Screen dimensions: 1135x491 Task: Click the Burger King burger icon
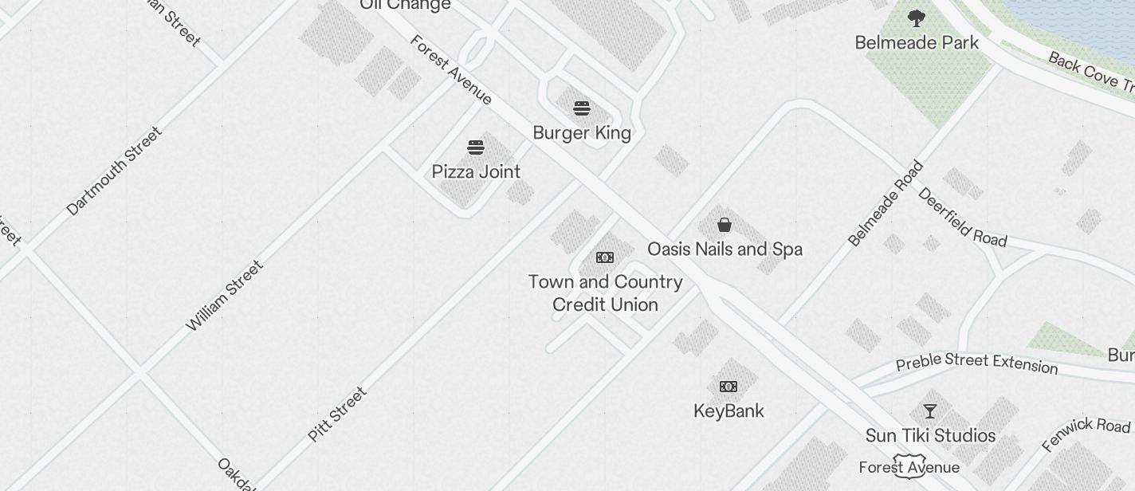pos(582,108)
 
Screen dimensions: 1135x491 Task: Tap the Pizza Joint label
pos(476,171)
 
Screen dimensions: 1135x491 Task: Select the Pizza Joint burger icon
pos(476,147)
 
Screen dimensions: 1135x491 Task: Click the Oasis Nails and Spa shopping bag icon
pos(725,225)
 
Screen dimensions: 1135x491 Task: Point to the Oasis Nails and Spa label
pos(725,249)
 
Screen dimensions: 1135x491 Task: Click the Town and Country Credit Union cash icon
pos(605,257)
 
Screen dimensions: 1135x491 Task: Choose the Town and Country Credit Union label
pos(605,293)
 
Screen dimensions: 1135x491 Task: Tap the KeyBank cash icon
pos(729,387)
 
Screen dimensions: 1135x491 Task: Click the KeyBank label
pos(729,411)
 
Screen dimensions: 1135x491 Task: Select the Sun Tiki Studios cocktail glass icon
pos(930,411)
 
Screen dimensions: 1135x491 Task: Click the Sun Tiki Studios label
pos(930,436)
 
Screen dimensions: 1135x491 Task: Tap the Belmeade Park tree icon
pos(917,18)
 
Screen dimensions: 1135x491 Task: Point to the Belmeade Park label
pos(917,42)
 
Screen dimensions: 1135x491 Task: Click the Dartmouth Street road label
pos(114,171)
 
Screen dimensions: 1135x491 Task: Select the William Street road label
pos(224,296)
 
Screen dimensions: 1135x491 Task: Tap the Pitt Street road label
pos(337,414)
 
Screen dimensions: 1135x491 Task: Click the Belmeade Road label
pos(885,203)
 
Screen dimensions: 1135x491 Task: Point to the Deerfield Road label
pos(962,218)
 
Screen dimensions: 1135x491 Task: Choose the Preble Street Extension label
pos(976,363)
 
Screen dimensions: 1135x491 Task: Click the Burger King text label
pos(582,133)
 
